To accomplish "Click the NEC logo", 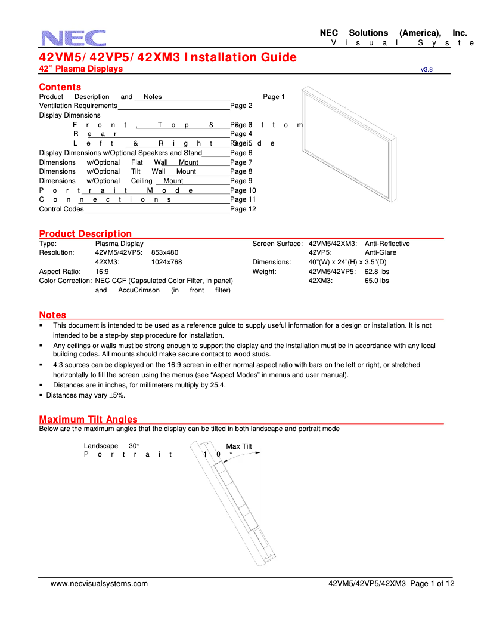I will pos(74,38).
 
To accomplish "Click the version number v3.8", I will pos(426,70).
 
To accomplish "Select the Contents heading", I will pos(60,87).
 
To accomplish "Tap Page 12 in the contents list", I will pos(243,209).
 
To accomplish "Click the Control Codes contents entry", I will pos(61,209).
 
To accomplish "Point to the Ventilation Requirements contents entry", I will pos(78,106).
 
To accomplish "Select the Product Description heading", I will pos(85,233).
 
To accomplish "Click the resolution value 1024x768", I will pos(166,262).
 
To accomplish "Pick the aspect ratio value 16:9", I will pos(102,272).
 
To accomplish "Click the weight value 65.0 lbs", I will pos(377,281).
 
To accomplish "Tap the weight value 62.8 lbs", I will pos(377,272).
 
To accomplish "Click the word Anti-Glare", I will pos(380,252).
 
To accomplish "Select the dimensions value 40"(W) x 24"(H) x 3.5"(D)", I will pos(347,262).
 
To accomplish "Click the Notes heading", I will pos(52,315).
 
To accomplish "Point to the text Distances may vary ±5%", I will pos(85,395).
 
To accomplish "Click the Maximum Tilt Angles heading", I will pos(88,419).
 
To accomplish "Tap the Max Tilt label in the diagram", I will pos(239,446).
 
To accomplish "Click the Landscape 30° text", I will pos(111,446).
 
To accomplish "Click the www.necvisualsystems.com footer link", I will pos(99,584).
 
